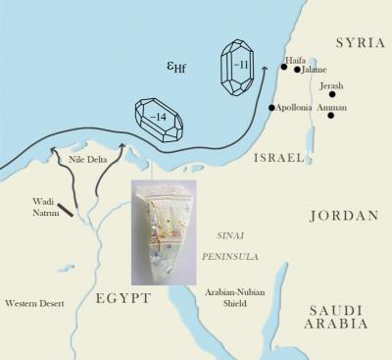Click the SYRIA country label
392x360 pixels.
[358, 44]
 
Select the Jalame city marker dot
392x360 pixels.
[297, 70]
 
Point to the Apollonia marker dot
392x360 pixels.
[271, 108]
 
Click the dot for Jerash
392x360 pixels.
[332, 95]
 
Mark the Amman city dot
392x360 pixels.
[332, 116]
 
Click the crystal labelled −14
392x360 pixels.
[160, 116]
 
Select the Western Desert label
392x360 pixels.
[35, 303]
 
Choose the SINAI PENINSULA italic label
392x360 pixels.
[228, 245]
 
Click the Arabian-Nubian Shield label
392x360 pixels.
[234, 297]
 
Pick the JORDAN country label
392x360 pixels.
[343, 216]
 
